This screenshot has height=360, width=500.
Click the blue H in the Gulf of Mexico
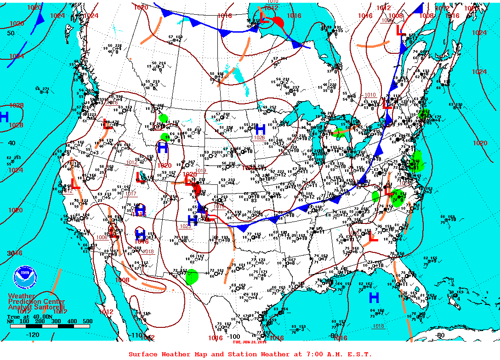(375, 298)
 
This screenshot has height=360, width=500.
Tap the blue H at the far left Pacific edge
(4, 117)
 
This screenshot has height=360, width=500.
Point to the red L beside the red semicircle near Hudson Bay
(264, 18)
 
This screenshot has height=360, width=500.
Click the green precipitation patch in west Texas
(192, 276)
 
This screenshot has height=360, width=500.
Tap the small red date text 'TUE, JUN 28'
(249, 342)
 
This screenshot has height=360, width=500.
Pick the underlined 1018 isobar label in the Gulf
(378, 326)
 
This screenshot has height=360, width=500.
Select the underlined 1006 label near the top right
(386, 20)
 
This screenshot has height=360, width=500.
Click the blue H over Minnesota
(260, 129)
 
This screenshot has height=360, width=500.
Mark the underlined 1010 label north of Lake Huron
(370, 95)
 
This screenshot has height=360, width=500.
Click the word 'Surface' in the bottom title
(142, 354)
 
